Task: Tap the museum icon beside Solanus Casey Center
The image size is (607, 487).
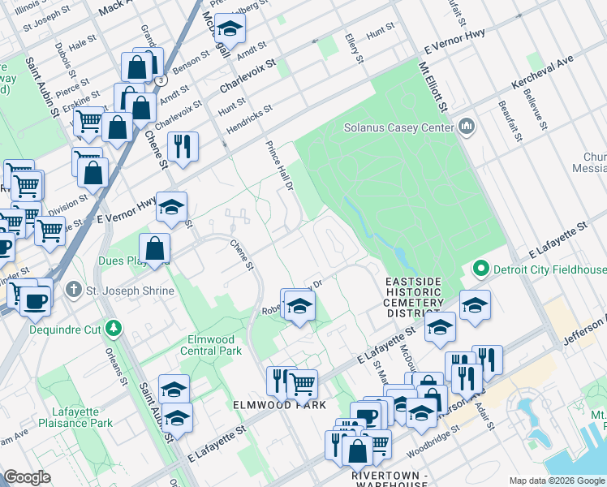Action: [467, 127]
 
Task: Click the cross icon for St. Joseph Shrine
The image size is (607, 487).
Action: [73, 290]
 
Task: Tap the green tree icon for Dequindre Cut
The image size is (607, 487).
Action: [114, 328]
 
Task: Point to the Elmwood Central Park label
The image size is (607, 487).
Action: [209, 346]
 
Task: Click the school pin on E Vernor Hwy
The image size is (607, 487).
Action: [171, 208]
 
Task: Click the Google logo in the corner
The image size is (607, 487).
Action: [28, 477]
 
